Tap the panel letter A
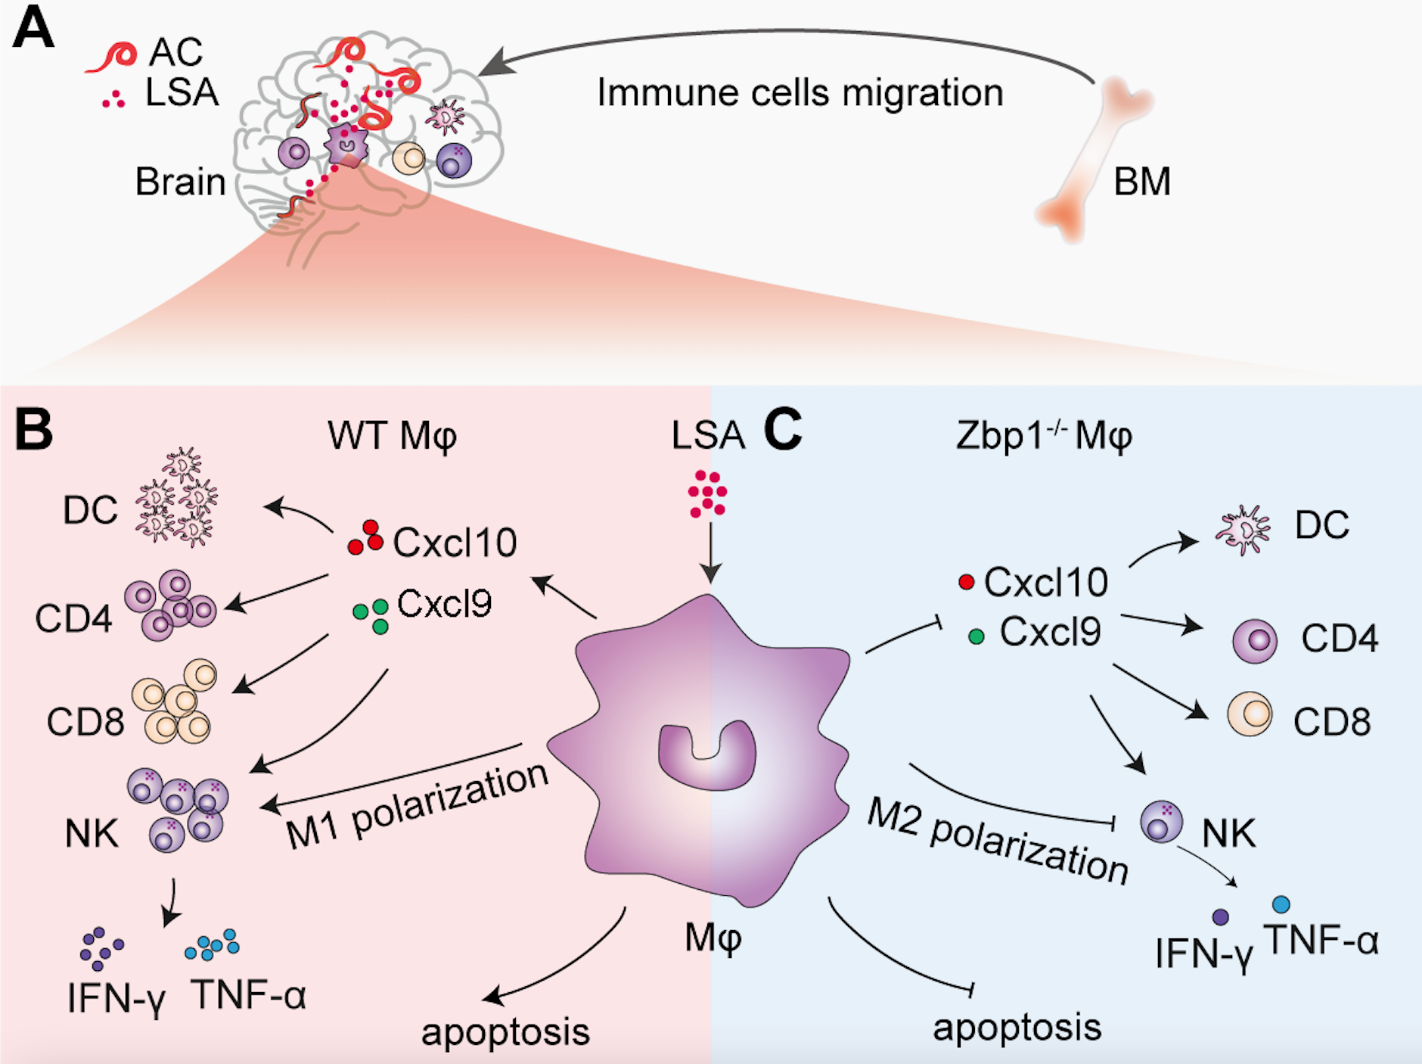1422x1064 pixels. click(x=33, y=29)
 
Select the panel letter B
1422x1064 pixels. click(x=34, y=429)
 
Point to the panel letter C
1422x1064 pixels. click(x=782, y=429)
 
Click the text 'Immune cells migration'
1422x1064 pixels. click(x=799, y=93)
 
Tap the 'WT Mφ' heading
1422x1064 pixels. click(x=392, y=436)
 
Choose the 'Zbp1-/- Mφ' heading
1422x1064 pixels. click(x=1043, y=436)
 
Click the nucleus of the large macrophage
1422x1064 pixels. click(x=707, y=757)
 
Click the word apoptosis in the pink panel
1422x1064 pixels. click(x=505, y=1031)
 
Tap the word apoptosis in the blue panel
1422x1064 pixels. click(x=1017, y=1027)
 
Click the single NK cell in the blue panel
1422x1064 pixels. click(x=1161, y=822)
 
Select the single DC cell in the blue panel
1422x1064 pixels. click(x=1242, y=530)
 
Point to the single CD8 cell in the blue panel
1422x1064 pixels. click(x=1250, y=714)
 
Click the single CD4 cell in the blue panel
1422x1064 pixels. click(x=1255, y=641)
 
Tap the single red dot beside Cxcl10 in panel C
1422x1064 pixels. click(x=966, y=582)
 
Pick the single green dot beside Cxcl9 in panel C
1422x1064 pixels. click(x=976, y=636)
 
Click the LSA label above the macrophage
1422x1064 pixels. click(x=708, y=436)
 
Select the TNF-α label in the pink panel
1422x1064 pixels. click(x=250, y=994)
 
